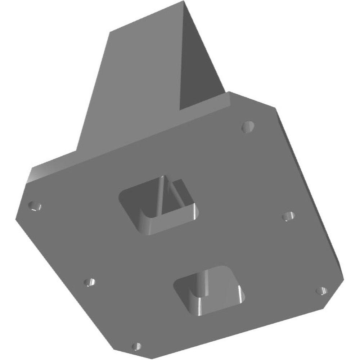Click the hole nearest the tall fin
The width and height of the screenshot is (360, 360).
click(x=248, y=126)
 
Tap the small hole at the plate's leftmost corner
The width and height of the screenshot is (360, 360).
click(x=35, y=207)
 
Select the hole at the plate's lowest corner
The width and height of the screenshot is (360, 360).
click(x=136, y=347)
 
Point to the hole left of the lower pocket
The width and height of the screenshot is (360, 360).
click(x=90, y=282)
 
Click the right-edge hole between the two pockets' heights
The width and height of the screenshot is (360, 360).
click(x=288, y=216)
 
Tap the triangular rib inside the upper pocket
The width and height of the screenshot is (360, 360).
click(x=166, y=196)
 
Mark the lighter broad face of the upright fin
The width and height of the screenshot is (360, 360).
click(x=133, y=90)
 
